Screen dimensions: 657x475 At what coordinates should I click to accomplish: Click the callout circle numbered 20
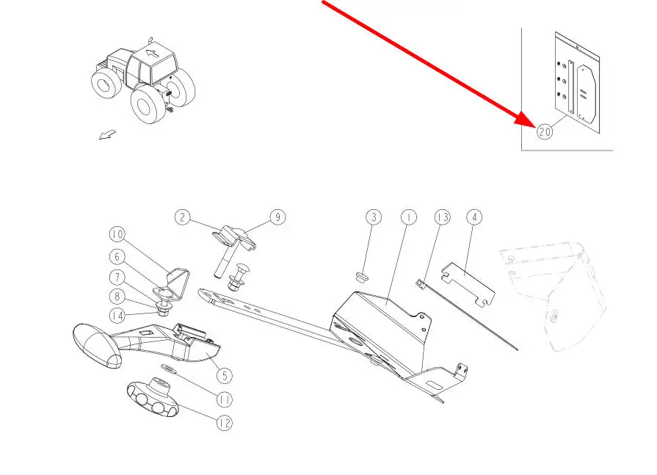pyautogui.click(x=545, y=132)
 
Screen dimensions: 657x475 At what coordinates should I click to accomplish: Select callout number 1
pyautogui.click(x=409, y=217)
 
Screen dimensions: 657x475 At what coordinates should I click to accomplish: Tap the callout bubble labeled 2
pyautogui.click(x=182, y=217)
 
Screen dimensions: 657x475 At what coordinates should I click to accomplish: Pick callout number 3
pyautogui.click(x=374, y=217)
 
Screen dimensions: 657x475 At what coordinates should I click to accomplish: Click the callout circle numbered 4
pyautogui.click(x=474, y=217)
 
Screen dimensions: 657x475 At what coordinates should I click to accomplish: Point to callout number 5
pyautogui.click(x=225, y=375)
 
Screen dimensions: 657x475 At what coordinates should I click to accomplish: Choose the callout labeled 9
pyautogui.click(x=277, y=217)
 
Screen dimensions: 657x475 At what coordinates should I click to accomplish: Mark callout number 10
pyautogui.click(x=117, y=234)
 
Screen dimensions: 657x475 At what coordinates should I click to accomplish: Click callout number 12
pyautogui.click(x=225, y=423)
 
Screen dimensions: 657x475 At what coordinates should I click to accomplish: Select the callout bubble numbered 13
pyautogui.click(x=442, y=217)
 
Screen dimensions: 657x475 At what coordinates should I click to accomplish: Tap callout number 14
pyautogui.click(x=117, y=316)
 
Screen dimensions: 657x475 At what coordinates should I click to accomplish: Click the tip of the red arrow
pyautogui.click(x=535, y=126)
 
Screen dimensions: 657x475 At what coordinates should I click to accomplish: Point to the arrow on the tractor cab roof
pyautogui.click(x=153, y=54)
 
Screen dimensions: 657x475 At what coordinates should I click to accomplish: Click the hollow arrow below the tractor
pyautogui.click(x=107, y=135)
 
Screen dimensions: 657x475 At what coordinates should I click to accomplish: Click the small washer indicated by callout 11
pyautogui.click(x=168, y=369)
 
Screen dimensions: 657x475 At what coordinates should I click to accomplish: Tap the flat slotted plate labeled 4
pyautogui.click(x=469, y=284)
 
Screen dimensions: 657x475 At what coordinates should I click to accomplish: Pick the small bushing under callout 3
pyautogui.click(x=360, y=277)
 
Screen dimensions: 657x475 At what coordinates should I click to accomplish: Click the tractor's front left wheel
pyautogui.click(x=146, y=104)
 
